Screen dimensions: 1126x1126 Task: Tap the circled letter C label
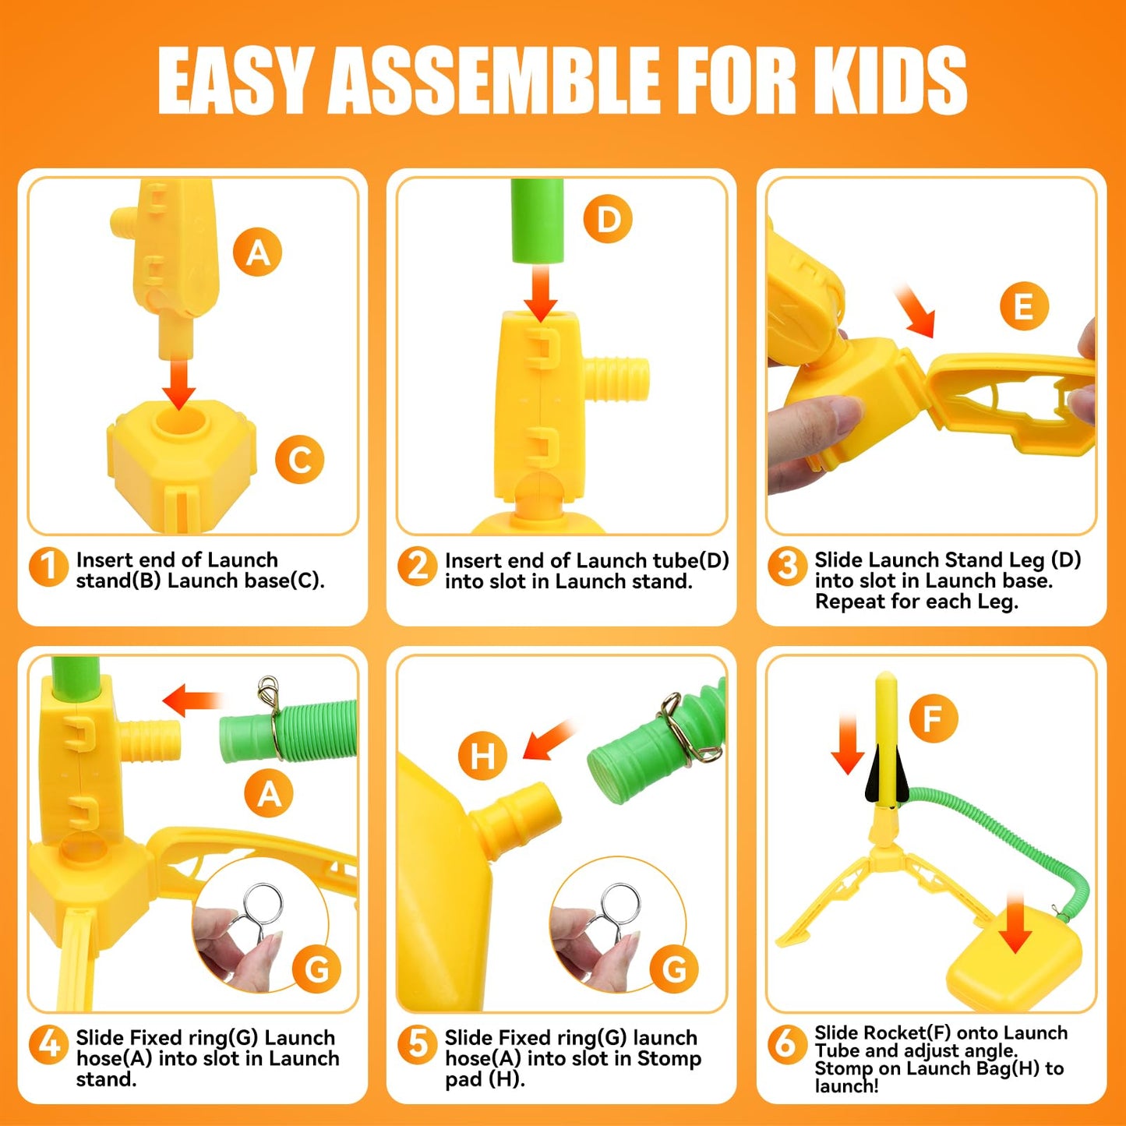(x=299, y=459)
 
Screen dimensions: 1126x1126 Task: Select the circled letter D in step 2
(x=608, y=219)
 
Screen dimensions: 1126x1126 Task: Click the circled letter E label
(x=1024, y=306)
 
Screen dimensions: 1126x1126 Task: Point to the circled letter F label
(x=933, y=718)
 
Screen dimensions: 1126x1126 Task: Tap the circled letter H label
(x=482, y=755)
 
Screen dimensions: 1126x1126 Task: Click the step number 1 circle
(x=48, y=567)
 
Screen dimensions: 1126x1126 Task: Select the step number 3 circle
(x=787, y=567)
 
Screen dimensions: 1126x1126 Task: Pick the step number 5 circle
(x=418, y=1044)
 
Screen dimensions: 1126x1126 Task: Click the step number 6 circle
(x=787, y=1044)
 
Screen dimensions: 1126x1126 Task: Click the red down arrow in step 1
(x=179, y=382)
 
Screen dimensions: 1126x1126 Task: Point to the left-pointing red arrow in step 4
(x=191, y=699)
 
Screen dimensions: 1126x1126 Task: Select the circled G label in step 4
(x=316, y=969)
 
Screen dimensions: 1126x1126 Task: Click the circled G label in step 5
(x=673, y=969)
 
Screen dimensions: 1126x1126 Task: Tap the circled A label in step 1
(x=258, y=252)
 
